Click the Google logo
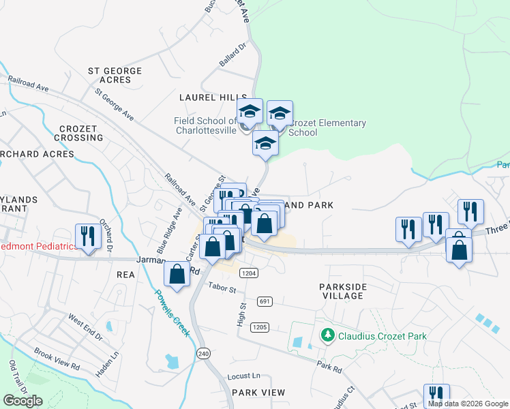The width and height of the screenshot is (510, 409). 22,401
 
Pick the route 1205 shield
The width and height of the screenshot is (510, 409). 259,327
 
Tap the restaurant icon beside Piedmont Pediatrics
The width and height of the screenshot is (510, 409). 88,236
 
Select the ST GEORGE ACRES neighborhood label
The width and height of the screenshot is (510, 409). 115,76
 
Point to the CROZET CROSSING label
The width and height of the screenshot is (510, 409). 81,133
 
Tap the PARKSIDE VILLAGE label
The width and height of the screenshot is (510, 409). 350,291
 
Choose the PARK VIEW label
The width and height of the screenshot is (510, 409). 258,393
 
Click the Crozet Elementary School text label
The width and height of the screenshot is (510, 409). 327,127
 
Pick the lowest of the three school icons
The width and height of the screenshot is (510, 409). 265,144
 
